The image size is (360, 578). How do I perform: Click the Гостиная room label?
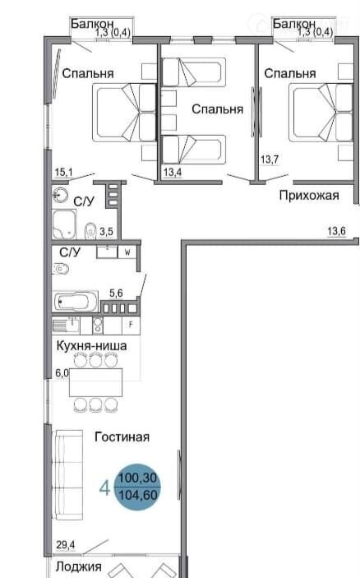[x=122, y=437]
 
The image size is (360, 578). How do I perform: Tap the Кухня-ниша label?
[x=91, y=346]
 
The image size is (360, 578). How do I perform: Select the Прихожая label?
[x=309, y=196]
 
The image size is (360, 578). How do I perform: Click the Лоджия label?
[x=78, y=566]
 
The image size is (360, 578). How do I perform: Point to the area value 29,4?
[x=66, y=544]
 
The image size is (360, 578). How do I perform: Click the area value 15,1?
[x=64, y=172]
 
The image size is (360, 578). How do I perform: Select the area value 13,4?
[x=173, y=172]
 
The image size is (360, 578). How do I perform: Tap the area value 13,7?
[x=270, y=160]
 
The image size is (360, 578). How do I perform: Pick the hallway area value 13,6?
[x=336, y=231]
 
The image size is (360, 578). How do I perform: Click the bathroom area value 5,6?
[x=116, y=294]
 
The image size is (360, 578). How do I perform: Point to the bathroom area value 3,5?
[x=106, y=232]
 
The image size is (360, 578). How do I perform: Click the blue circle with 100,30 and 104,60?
[x=137, y=487]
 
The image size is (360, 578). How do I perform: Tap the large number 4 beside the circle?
[x=104, y=488]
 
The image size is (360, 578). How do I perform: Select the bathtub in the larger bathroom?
[x=75, y=302]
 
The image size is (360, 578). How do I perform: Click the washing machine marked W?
[x=127, y=252]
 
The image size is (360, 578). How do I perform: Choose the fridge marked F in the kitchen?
[x=131, y=325]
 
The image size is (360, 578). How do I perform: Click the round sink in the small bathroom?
[x=60, y=195]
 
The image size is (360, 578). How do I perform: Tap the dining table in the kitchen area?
[x=96, y=382]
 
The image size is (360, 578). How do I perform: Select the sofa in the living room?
[x=69, y=474]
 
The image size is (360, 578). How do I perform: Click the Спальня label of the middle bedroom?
[x=218, y=109]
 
